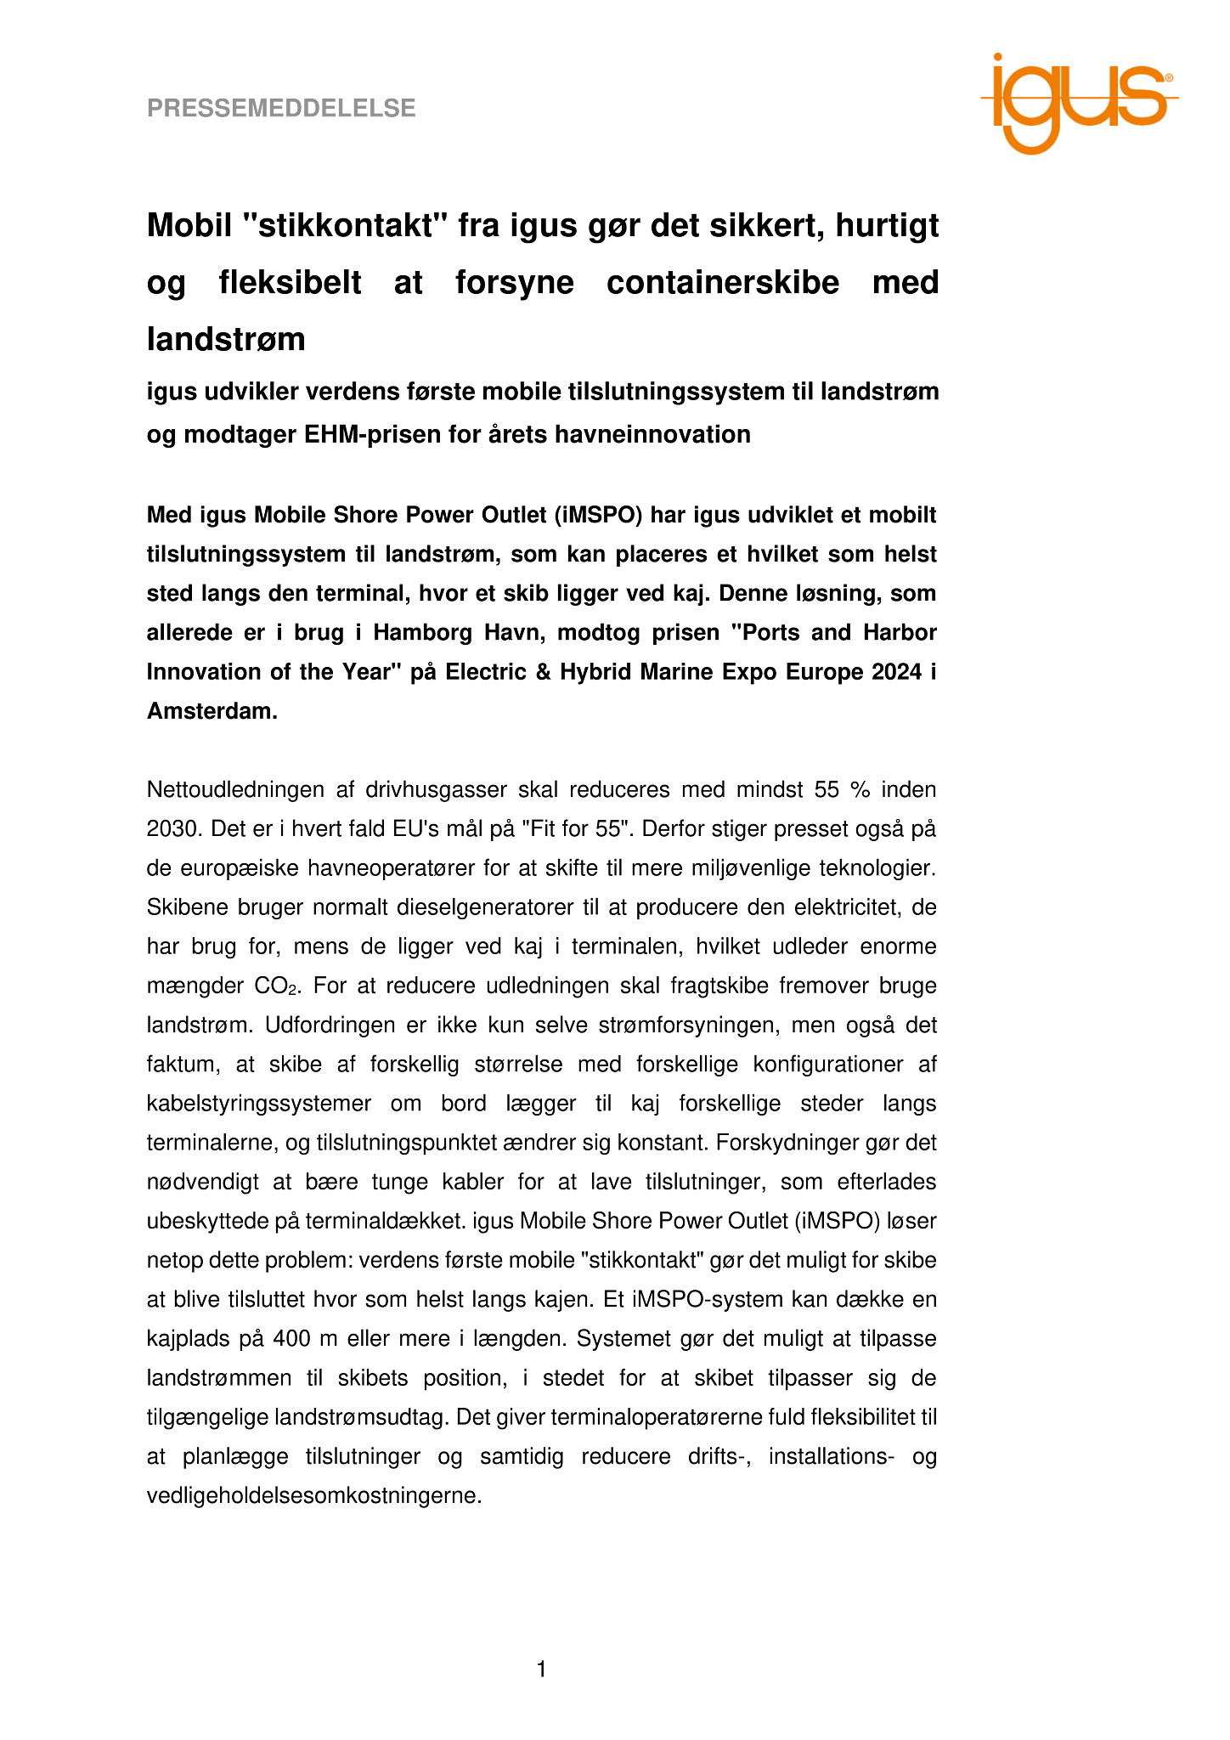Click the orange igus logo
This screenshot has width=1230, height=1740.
[1078, 103]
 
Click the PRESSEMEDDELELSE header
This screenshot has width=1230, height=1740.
[281, 109]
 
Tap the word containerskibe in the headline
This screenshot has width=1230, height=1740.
[722, 283]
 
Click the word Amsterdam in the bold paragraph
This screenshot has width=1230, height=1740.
[212, 711]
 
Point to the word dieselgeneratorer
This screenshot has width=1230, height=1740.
[485, 907]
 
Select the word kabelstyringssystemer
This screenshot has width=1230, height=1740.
[259, 1104]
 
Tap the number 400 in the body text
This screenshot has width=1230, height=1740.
[291, 1339]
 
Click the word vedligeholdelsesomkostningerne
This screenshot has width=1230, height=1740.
[314, 1496]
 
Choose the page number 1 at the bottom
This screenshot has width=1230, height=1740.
[541, 1670]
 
